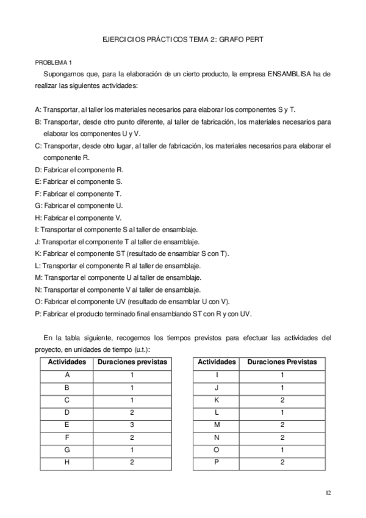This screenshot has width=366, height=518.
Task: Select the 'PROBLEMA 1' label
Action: click(x=53, y=62)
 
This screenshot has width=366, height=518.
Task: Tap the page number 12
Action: click(x=328, y=492)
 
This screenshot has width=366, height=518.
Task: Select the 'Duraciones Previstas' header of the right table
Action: click(x=282, y=362)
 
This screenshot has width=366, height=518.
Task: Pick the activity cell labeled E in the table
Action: click(x=67, y=425)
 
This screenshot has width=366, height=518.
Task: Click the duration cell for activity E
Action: click(x=132, y=425)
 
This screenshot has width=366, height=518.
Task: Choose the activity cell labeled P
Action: click(x=217, y=462)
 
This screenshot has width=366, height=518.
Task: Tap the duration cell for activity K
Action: click(x=282, y=400)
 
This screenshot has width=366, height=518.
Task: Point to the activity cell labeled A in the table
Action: click(x=67, y=375)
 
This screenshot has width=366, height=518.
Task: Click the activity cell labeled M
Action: click(x=217, y=425)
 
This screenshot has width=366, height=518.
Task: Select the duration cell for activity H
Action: click(x=132, y=462)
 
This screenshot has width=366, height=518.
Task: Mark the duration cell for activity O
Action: click(x=282, y=450)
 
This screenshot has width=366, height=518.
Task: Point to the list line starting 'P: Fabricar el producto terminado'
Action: click(x=143, y=314)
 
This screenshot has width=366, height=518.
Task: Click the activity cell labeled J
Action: click(x=217, y=387)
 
